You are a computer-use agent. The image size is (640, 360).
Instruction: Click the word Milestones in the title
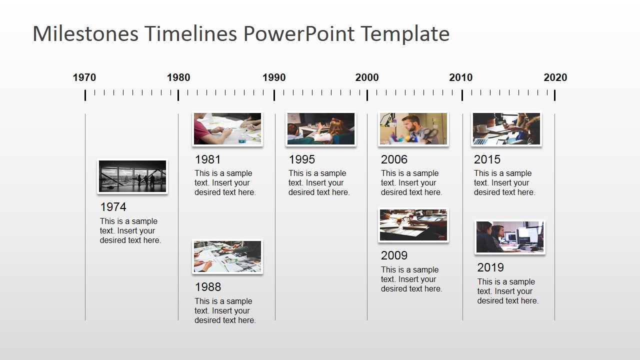85,34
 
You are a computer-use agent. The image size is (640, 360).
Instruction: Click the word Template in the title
404,34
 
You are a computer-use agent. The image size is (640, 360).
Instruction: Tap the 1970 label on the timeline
84,77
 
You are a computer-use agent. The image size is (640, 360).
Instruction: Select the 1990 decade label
274,77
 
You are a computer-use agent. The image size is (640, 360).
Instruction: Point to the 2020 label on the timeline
555,77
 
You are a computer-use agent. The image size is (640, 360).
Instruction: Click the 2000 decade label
367,77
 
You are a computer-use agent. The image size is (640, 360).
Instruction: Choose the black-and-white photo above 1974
132,176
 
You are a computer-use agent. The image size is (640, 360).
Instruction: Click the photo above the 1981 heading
227,129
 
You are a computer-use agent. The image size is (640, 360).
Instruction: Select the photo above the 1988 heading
227,256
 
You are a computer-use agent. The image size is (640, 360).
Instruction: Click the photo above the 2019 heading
509,237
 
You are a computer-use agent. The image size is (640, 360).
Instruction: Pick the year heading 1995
301,159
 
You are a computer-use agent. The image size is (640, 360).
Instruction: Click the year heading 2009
394,255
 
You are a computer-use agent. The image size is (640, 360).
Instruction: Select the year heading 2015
487,159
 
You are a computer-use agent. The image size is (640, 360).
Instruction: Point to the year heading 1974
113,207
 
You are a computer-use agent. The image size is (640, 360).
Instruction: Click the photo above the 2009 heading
413,225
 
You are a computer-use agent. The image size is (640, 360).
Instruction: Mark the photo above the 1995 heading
321,129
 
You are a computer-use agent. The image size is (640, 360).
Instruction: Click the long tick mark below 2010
462,95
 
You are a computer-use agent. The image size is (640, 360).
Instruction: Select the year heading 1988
208,287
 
